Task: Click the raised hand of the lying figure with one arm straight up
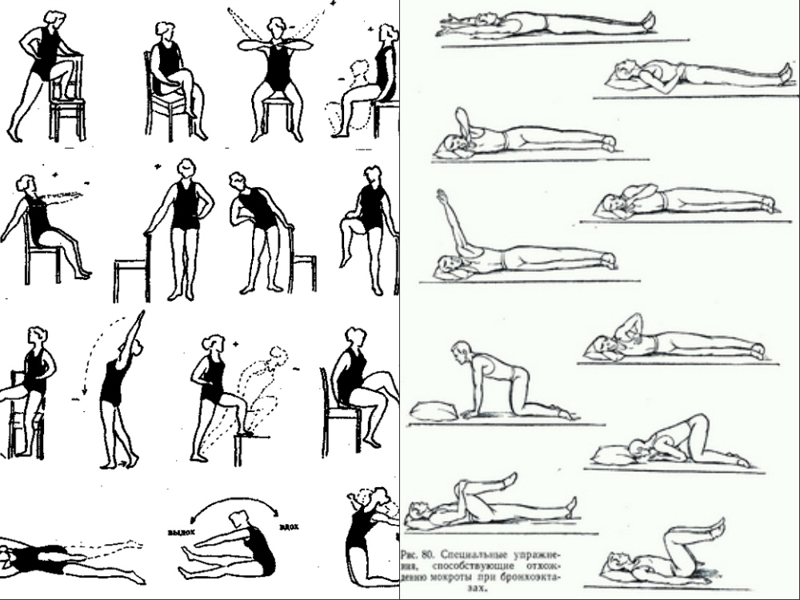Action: click(x=441, y=195)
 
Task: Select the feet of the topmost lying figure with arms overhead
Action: click(x=647, y=21)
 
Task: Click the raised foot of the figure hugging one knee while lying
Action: click(x=508, y=479)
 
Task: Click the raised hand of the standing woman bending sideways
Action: click(x=142, y=314)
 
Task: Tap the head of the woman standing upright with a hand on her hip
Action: click(x=186, y=170)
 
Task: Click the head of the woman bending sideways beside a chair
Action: click(x=238, y=182)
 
